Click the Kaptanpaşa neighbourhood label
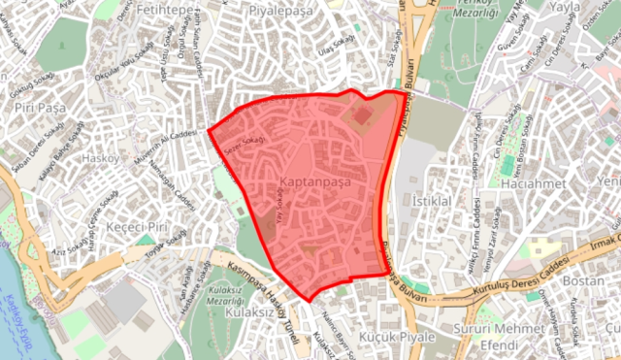coord(313,181)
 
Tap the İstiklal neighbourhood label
coord(434,201)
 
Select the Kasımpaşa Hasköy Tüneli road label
coord(261,278)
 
